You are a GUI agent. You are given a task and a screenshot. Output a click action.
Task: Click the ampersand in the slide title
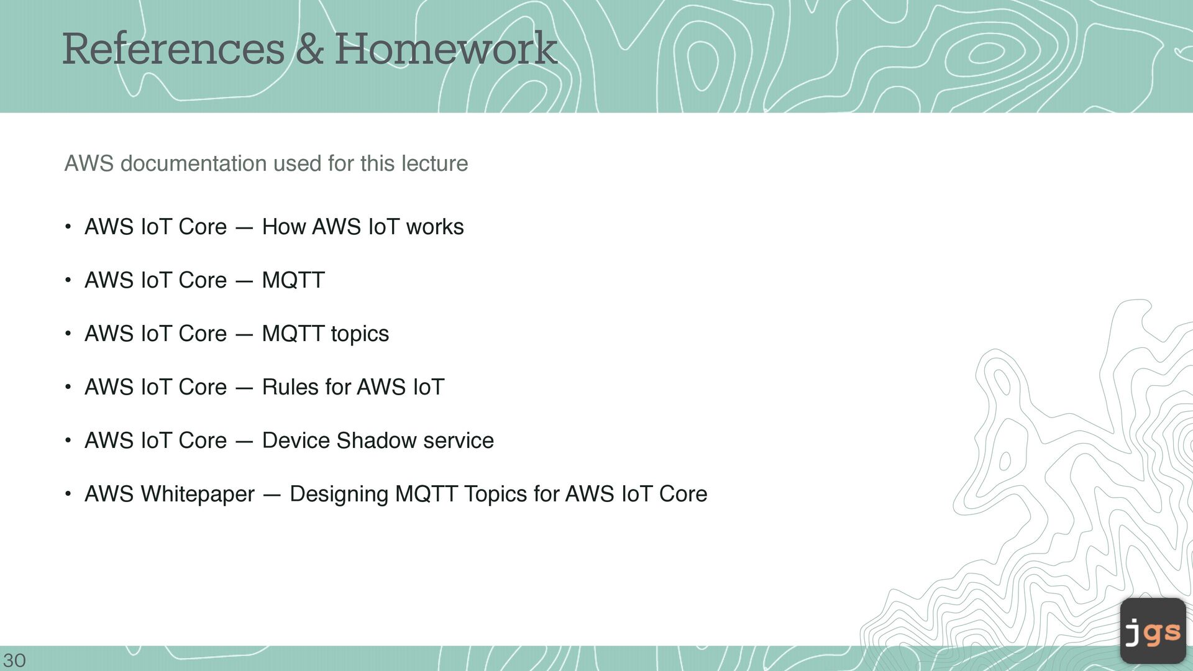coord(309,49)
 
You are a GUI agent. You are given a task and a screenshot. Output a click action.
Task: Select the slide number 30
coord(15,660)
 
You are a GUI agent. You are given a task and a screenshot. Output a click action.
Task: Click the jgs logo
coord(1153,631)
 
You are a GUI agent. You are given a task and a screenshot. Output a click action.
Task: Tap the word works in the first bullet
coord(435,227)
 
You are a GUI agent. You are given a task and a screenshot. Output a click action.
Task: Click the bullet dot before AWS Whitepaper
coord(68,495)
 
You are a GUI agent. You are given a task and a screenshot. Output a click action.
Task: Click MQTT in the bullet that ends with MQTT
coord(293,280)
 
